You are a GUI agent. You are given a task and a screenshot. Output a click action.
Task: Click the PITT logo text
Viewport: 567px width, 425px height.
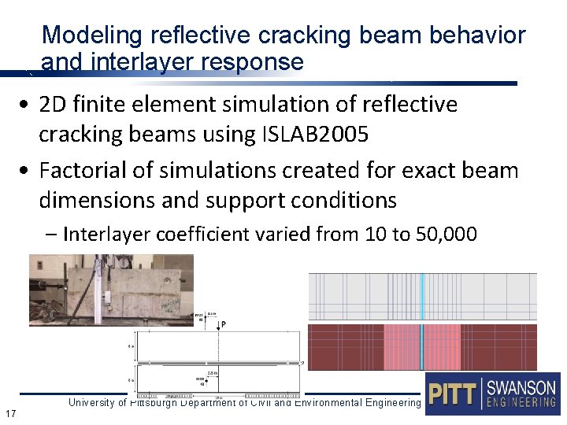point(452,394)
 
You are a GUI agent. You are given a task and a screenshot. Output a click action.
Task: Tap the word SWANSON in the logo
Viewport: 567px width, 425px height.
point(521,388)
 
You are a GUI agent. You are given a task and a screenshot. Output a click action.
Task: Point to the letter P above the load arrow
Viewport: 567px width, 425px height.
point(224,323)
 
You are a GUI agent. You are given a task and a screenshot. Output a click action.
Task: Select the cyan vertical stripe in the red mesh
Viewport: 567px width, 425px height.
point(422,346)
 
